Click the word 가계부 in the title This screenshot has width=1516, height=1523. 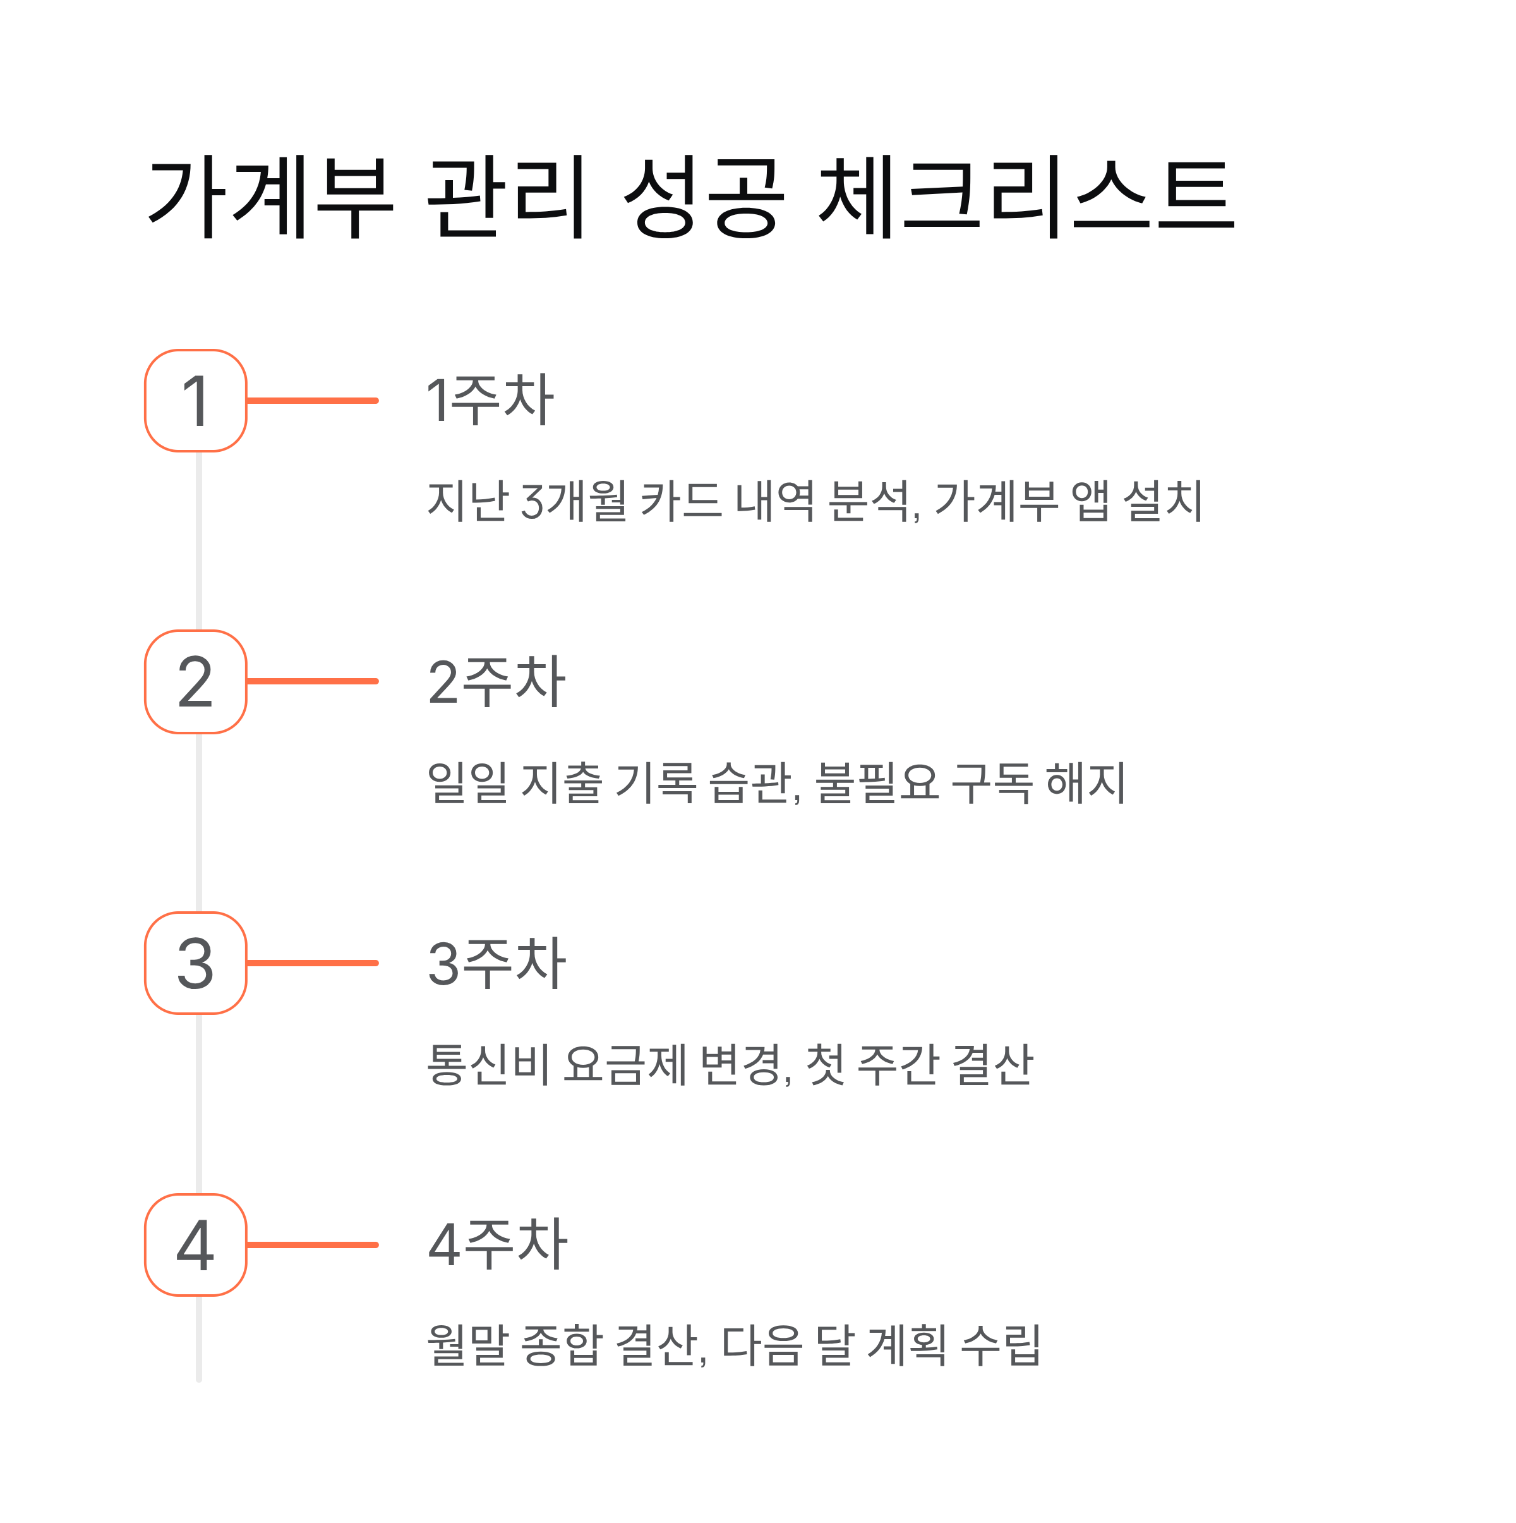pyautogui.click(x=270, y=197)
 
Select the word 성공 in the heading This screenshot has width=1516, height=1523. pyautogui.click(x=703, y=197)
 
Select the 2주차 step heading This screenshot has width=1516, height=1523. pyautogui.click(x=496, y=682)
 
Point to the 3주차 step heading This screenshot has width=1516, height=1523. pyautogui.click(x=496, y=963)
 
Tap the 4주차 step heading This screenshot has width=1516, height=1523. pyautogui.click(x=497, y=1246)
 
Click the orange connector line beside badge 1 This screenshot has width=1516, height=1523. pyautogui.click(x=313, y=401)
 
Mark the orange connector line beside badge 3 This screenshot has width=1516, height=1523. pyautogui.click(x=313, y=963)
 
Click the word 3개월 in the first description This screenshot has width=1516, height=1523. pyautogui.click(x=574, y=501)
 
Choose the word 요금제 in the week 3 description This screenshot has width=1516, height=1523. pyautogui.click(x=625, y=1064)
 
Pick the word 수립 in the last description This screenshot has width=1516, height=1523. pyautogui.click(x=1001, y=1345)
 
